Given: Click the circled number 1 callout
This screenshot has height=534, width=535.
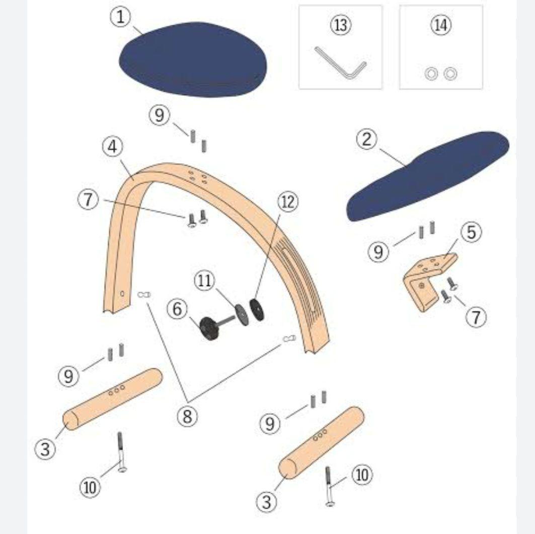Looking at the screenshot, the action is click(x=121, y=17).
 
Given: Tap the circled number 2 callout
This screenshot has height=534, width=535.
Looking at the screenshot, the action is click(x=367, y=140).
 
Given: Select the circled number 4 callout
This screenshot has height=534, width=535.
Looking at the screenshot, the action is click(x=113, y=147).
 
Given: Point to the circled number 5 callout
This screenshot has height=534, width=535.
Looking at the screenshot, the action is click(x=471, y=232).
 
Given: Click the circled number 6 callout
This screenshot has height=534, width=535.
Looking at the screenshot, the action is click(x=178, y=309).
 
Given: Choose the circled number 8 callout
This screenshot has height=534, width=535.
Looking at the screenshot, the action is click(x=187, y=416).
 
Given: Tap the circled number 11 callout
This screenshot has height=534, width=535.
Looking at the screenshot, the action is click(x=205, y=281).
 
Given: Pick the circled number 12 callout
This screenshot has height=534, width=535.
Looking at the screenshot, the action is click(x=288, y=202).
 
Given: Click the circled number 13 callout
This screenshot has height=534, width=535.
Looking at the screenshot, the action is click(x=341, y=25).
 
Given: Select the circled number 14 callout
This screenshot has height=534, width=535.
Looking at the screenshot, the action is click(x=441, y=25).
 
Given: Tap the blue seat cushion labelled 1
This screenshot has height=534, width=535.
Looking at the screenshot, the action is click(x=193, y=59).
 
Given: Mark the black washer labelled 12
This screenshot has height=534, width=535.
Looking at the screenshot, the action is click(x=257, y=310).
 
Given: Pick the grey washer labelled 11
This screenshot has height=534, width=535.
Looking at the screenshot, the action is click(x=242, y=314).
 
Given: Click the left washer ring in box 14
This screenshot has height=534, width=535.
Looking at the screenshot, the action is click(x=431, y=74).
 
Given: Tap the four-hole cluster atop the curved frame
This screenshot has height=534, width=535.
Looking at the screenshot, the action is click(x=198, y=177).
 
